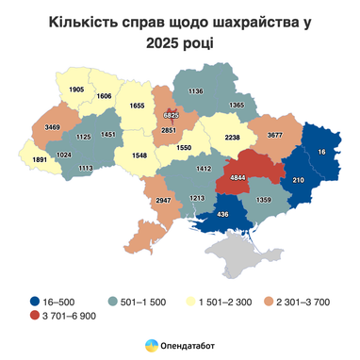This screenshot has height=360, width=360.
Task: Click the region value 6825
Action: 171,115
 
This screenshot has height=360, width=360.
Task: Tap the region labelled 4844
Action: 238,178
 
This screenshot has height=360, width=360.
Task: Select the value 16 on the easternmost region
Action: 321,152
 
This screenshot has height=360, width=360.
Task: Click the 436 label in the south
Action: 222,216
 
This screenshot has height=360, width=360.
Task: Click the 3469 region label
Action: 52,126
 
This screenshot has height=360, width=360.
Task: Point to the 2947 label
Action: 162,202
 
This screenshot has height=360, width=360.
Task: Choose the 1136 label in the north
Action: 196,91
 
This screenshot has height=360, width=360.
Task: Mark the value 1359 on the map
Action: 263,200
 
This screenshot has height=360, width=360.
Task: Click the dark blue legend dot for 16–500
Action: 33,301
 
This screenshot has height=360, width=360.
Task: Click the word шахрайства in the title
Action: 243,21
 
